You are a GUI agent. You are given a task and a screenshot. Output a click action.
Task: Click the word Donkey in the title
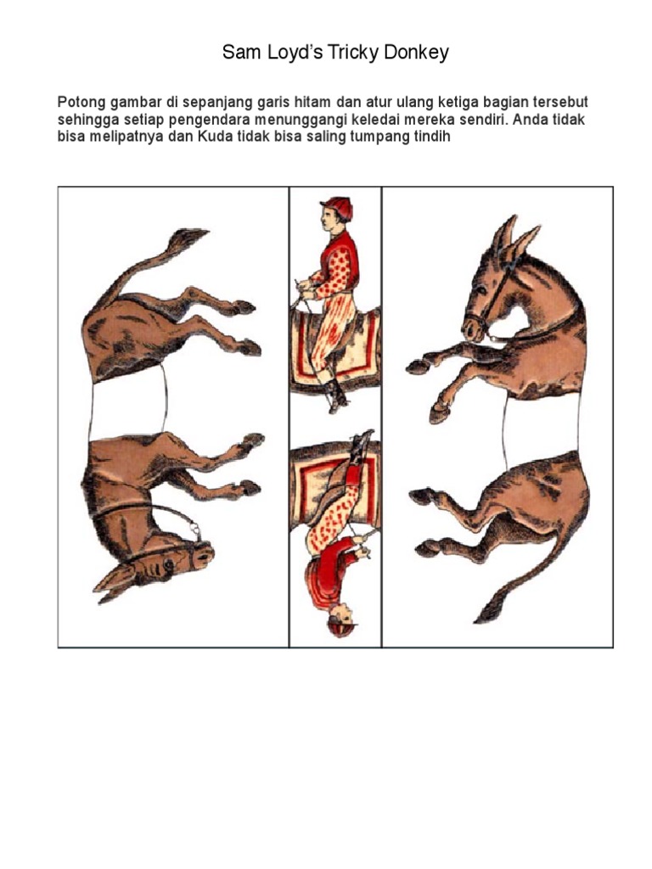(x=414, y=53)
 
